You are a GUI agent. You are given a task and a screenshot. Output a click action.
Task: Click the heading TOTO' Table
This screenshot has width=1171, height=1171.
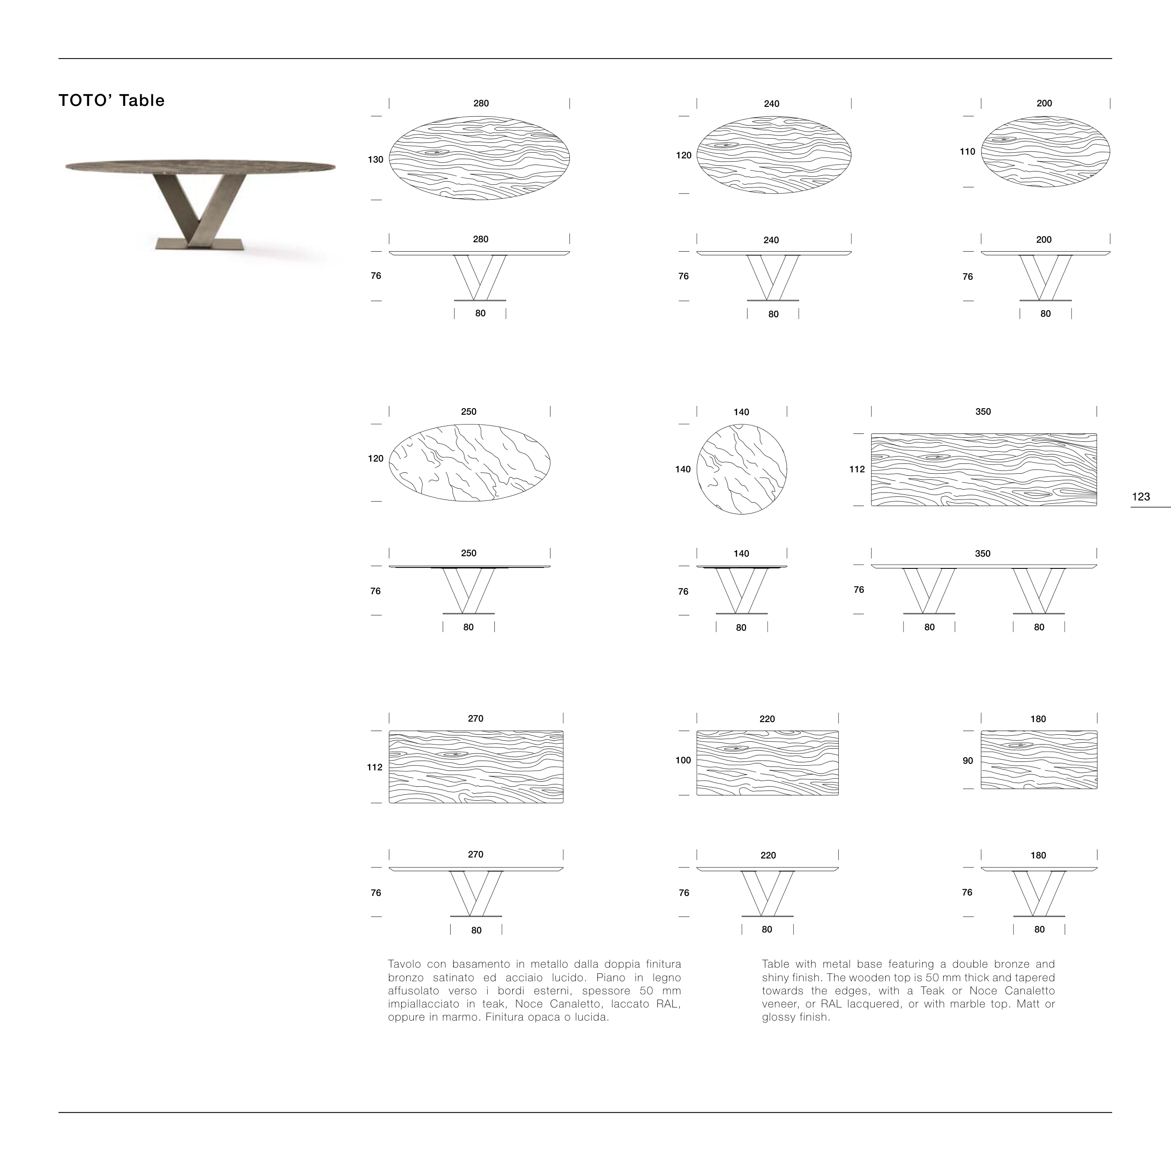click(112, 101)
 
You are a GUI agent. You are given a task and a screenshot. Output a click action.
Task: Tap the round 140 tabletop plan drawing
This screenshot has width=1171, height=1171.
click(741, 469)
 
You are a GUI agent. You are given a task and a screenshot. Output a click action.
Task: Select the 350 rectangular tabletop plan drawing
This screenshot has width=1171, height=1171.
click(983, 469)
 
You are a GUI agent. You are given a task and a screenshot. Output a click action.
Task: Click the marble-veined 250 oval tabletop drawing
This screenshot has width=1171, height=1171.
click(469, 463)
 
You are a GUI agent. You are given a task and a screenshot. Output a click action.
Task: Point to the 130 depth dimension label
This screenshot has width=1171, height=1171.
click(376, 159)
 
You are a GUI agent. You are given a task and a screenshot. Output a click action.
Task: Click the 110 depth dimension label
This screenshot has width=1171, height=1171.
click(967, 151)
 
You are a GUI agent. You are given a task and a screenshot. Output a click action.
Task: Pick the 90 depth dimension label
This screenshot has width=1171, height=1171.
click(968, 761)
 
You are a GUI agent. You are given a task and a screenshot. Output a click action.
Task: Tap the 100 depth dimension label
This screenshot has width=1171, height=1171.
click(683, 760)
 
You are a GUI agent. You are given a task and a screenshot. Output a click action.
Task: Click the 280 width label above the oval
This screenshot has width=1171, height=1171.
click(481, 104)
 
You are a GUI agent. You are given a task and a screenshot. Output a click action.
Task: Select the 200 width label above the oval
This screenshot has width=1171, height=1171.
click(1044, 104)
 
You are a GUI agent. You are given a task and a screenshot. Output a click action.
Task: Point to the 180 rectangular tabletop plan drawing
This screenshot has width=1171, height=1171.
click(1039, 760)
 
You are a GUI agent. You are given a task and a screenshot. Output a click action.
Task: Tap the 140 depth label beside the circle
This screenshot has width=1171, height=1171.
click(683, 469)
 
